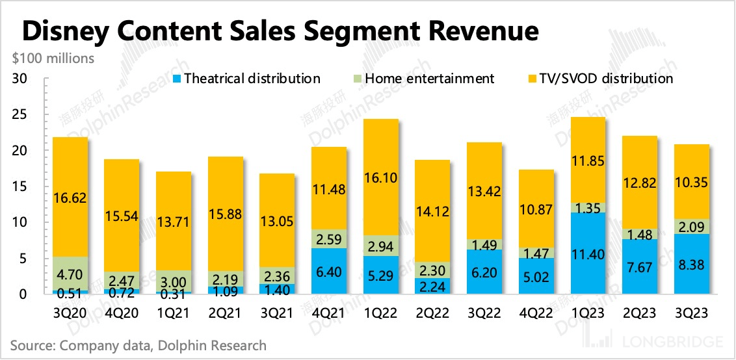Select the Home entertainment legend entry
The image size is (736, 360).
click(423, 79)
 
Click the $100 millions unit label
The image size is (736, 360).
click(53, 58)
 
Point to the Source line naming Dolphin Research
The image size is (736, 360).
click(138, 345)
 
